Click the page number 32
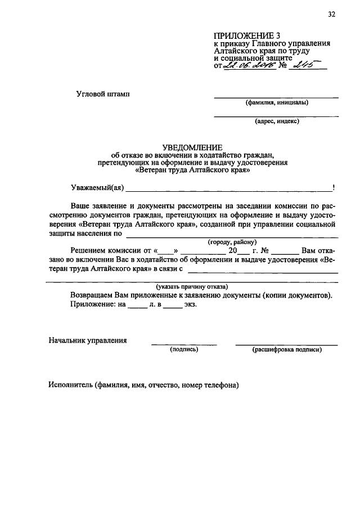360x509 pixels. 331,15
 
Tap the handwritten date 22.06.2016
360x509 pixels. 249,66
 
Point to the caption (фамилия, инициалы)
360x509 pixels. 276,103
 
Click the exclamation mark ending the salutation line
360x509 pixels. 334,187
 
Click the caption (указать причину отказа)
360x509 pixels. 192,286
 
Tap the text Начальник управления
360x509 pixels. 87,340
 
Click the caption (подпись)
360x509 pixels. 184,349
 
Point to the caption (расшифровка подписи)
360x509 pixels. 287,349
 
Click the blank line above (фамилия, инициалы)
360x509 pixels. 276,97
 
